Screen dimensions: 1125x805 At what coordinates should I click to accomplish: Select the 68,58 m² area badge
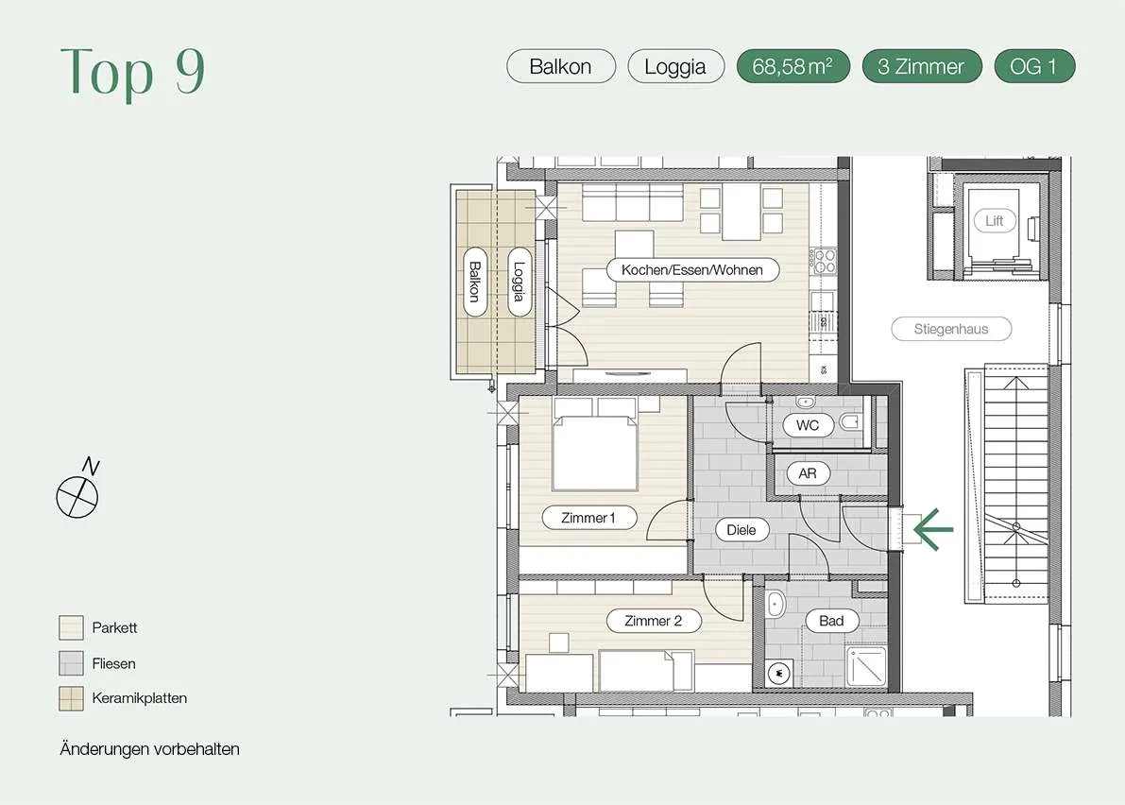point(793,66)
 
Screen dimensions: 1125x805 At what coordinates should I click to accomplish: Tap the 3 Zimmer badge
point(921,66)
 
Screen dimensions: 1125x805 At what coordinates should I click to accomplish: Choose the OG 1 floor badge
point(1034,66)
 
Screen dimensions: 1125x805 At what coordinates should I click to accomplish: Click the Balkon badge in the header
point(561,66)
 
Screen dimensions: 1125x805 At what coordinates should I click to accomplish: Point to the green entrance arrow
point(932,529)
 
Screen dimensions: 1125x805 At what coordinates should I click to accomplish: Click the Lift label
point(995,221)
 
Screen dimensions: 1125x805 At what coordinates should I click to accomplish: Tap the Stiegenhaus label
point(951,329)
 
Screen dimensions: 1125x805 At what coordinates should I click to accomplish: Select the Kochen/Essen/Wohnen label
point(692,270)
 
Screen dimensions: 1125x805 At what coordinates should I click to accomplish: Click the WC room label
point(808,425)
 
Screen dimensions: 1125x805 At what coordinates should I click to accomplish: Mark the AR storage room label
point(808,473)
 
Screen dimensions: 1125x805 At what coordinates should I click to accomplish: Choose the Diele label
point(741,530)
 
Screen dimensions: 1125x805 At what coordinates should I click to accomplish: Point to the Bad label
point(831,621)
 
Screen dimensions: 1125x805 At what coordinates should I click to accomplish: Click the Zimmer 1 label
point(588,517)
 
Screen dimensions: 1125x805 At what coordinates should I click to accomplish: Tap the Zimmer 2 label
point(653,621)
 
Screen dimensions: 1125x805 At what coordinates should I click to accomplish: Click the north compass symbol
point(78,490)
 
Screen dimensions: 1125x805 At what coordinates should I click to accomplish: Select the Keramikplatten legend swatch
point(71,698)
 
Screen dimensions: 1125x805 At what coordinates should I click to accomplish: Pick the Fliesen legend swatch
point(71,663)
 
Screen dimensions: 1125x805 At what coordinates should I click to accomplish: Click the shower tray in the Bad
point(867,667)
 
